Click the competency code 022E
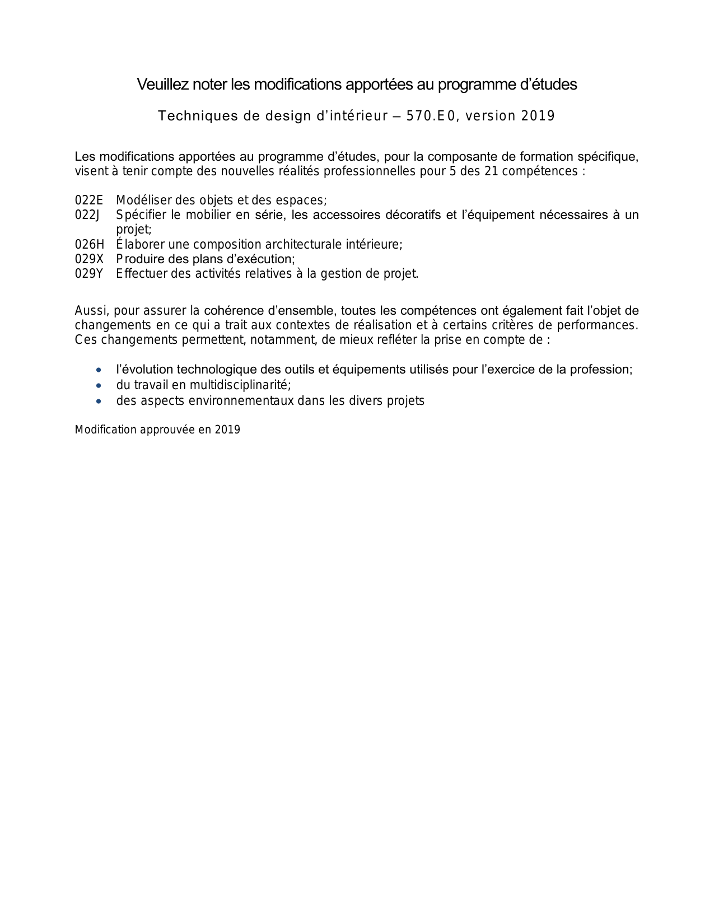(89, 200)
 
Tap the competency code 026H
(90, 245)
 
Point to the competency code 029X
(90, 259)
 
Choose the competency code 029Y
(90, 274)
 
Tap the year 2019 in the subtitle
(538, 116)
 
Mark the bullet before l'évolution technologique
(99, 370)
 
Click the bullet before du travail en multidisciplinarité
(99, 386)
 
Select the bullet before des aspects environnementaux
(99, 402)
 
